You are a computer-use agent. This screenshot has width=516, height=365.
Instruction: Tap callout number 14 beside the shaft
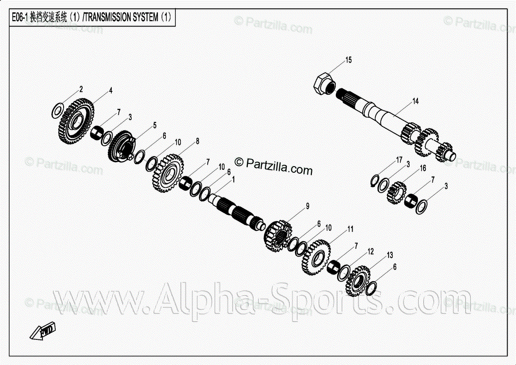click(x=415, y=102)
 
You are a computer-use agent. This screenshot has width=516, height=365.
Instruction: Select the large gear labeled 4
click(x=76, y=122)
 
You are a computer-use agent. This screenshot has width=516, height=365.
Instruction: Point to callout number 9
click(x=307, y=206)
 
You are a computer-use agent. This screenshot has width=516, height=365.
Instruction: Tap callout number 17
click(x=399, y=160)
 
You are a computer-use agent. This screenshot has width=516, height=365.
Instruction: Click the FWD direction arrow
click(x=43, y=331)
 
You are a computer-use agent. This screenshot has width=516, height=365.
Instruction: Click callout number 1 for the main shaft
click(x=233, y=179)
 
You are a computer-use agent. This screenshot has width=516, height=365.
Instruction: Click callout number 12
click(x=370, y=251)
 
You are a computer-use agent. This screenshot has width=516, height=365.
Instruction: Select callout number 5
click(x=155, y=125)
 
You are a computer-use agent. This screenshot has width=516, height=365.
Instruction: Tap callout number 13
click(x=390, y=255)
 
